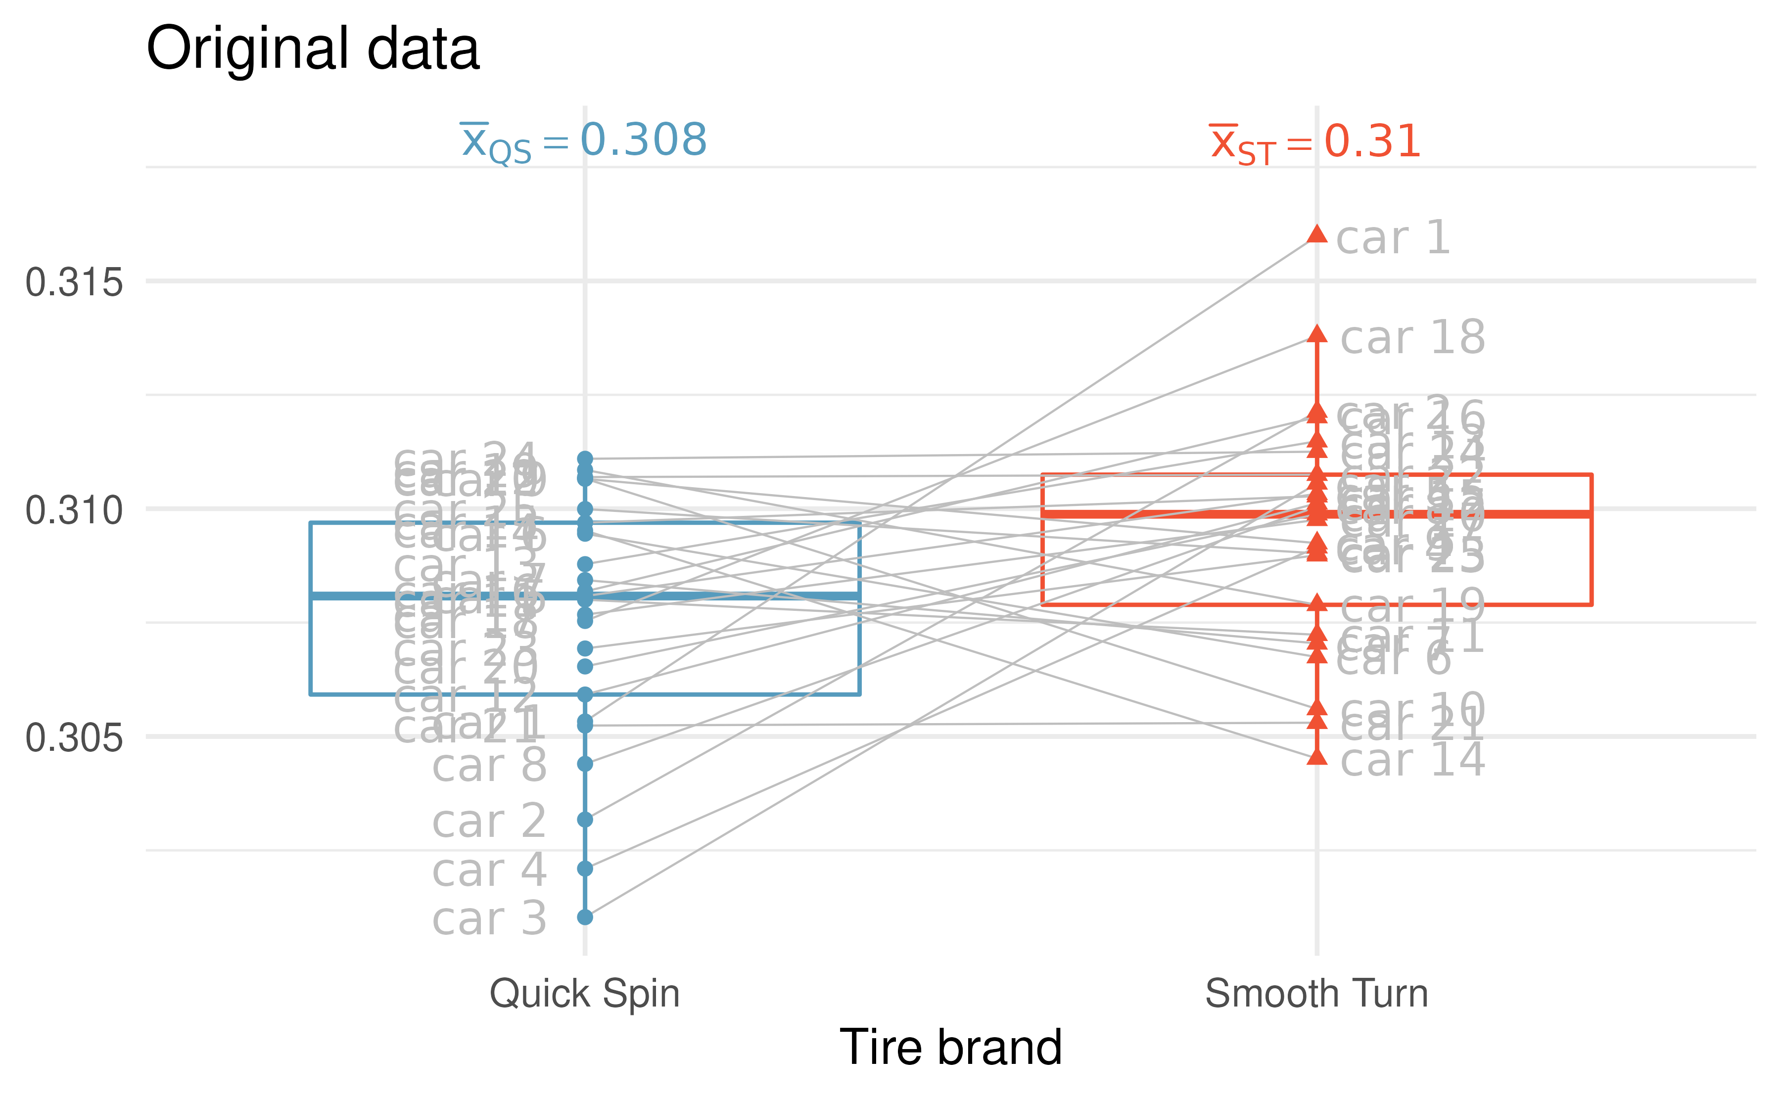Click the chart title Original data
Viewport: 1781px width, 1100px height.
pos(313,49)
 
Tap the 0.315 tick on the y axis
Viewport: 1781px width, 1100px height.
pos(74,282)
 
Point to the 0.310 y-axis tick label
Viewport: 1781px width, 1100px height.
pos(74,510)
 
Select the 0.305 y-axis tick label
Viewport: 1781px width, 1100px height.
pos(74,737)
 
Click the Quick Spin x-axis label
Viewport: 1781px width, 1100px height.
pos(584,994)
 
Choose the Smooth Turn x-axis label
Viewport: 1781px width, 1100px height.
pos(1316,994)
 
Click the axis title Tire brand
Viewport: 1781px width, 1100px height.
pos(950,1048)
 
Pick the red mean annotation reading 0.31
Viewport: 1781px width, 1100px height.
pos(1314,142)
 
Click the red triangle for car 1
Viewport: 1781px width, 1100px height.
pos(1316,234)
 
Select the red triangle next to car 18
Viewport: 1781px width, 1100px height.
pos(1316,335)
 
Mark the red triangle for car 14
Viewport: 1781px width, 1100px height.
pos(1316,757)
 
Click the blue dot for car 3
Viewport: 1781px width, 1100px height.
pos(585,917)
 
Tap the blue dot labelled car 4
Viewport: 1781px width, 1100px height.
pos(585,869)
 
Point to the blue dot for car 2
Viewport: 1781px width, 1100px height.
pos(585,820)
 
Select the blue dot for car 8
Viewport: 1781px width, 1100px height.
pos(585,764)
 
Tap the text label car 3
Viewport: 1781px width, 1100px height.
pos(489,919)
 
